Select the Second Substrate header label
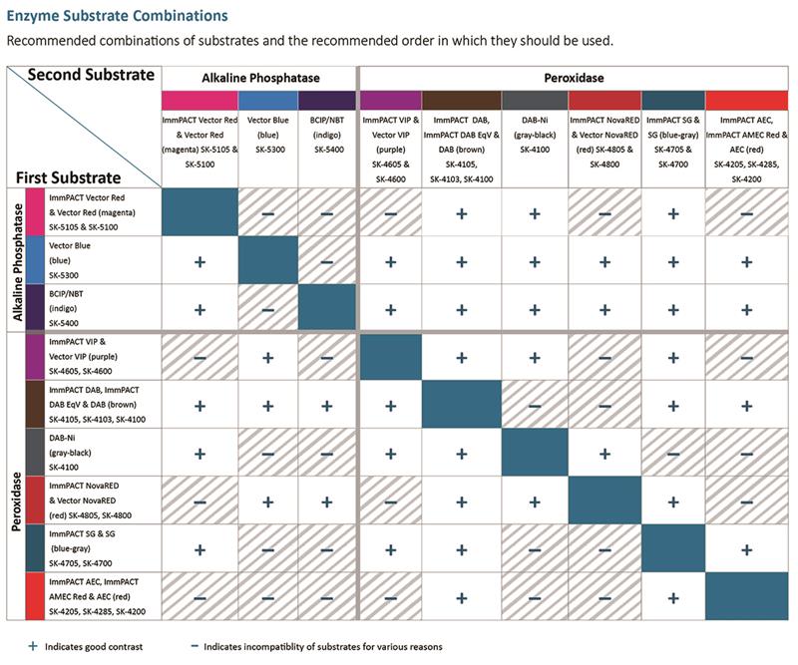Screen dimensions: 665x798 pyautogui.click(x=91, y=75)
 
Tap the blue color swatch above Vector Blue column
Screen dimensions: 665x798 pyautogui.click(x=267, y=101)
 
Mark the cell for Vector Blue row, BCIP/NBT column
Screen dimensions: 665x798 pyautogui.click(x=327, y=260)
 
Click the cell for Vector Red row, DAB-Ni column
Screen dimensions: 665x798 pyautogui.click(x=534, y=212)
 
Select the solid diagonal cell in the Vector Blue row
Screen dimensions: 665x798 pyautogui.click(x=267, y=260)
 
